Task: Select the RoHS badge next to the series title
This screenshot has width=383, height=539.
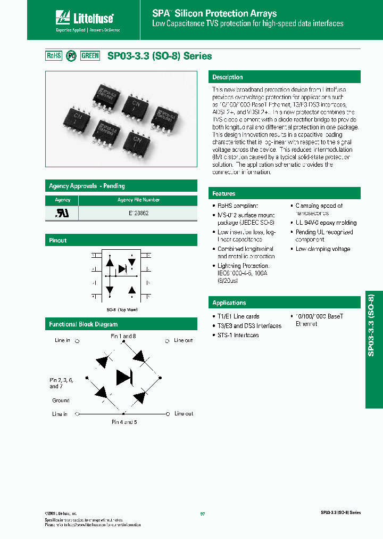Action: [54, 55]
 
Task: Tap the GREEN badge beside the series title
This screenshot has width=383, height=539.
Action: [90, 55]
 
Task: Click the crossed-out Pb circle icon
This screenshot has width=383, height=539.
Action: [71, 56]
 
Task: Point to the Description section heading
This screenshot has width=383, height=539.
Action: [228, 77]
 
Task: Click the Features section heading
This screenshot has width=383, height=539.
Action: [224, 193]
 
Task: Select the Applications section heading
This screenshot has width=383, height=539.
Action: [229, 303]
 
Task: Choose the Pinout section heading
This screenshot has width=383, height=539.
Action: [58, 240]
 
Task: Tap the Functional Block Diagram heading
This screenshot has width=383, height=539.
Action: [83, 324]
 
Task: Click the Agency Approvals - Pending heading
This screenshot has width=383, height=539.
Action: [87, 186]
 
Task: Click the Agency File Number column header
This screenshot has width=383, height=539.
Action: [138, 200]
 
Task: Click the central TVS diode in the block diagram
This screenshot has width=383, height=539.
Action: [124, 377]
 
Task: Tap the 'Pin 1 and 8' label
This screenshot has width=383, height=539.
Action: [123, 336]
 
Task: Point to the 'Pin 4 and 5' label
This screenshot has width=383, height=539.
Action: [124, 421]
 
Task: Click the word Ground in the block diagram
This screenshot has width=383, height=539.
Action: [61, 400]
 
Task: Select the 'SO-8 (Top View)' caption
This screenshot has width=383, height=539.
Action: [122, 309]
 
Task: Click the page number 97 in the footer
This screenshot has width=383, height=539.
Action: [203, 513]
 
